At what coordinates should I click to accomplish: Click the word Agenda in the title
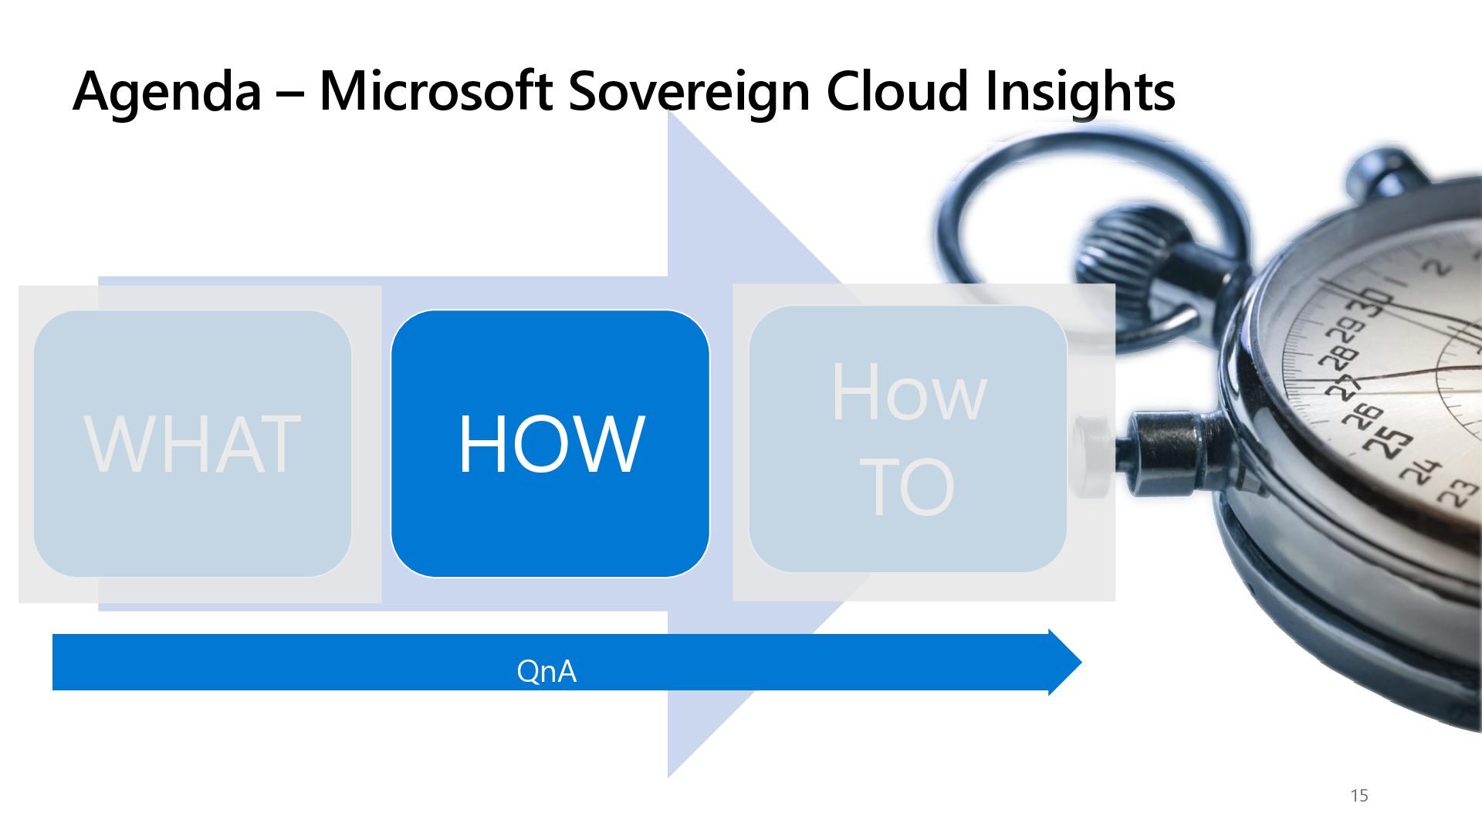[x=167, y=92]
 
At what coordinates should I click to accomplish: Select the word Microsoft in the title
[x=435, y=90]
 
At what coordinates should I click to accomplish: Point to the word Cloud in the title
[x=897, y=90]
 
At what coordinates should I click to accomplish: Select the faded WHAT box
[x=192, y=444]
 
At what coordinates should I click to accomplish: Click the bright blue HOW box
[x=550, y=444]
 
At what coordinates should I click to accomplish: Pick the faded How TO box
[x=908, y=439]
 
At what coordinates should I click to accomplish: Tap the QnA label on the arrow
[x=546, y=671]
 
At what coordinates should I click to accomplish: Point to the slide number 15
[x=1359, y=795]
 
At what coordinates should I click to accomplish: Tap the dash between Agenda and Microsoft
[x=290, y=92]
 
